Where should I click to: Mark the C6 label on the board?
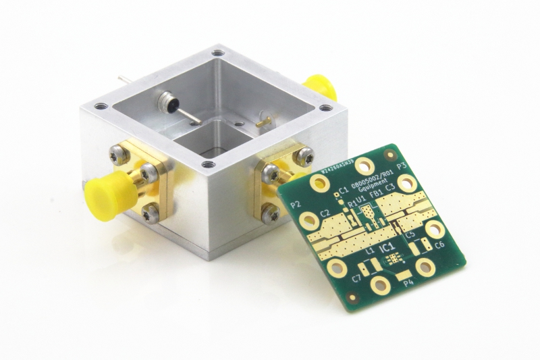(439, 245)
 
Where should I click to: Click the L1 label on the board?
(369, 251)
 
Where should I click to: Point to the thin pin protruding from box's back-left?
(124, 79)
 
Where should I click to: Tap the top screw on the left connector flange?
(120, 156)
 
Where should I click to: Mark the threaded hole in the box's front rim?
(209, 164)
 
